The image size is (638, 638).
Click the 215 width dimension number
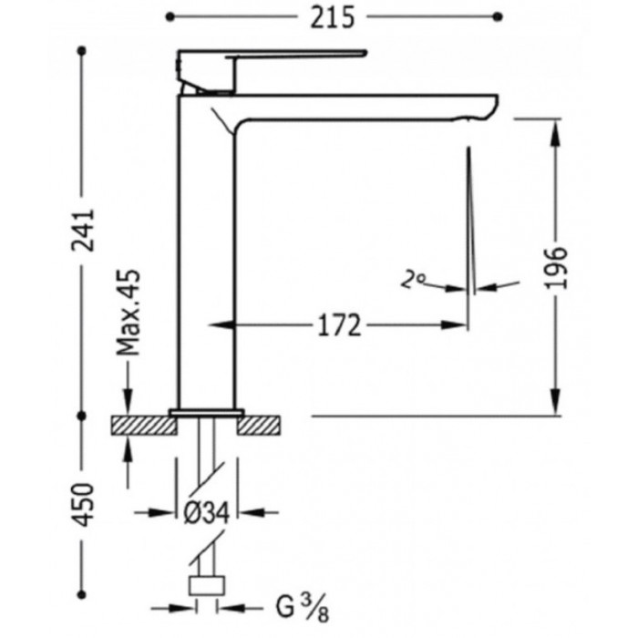(332, 18)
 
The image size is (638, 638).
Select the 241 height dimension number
(83, 231)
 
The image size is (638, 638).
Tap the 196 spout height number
(556, 267)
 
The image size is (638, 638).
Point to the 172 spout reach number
(339, 325)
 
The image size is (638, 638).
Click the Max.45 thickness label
(129, 312)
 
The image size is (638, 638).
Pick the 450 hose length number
(83, 505)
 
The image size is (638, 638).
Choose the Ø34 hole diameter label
(207, 512)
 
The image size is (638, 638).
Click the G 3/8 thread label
(302, 609)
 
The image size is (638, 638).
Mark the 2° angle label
(412, 281)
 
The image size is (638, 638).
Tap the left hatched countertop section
(144, 426)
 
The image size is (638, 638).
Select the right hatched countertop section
(259, 426)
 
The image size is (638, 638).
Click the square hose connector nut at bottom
(207, 585)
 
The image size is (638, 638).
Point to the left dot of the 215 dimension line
(170, 16)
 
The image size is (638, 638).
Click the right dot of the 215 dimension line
(498, 16)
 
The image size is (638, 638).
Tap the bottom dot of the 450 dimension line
(82, 594)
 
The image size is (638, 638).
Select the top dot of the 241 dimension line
(82, 51)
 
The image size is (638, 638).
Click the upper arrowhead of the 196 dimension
(556, 133)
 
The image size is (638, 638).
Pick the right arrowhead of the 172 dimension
(454, 324)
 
